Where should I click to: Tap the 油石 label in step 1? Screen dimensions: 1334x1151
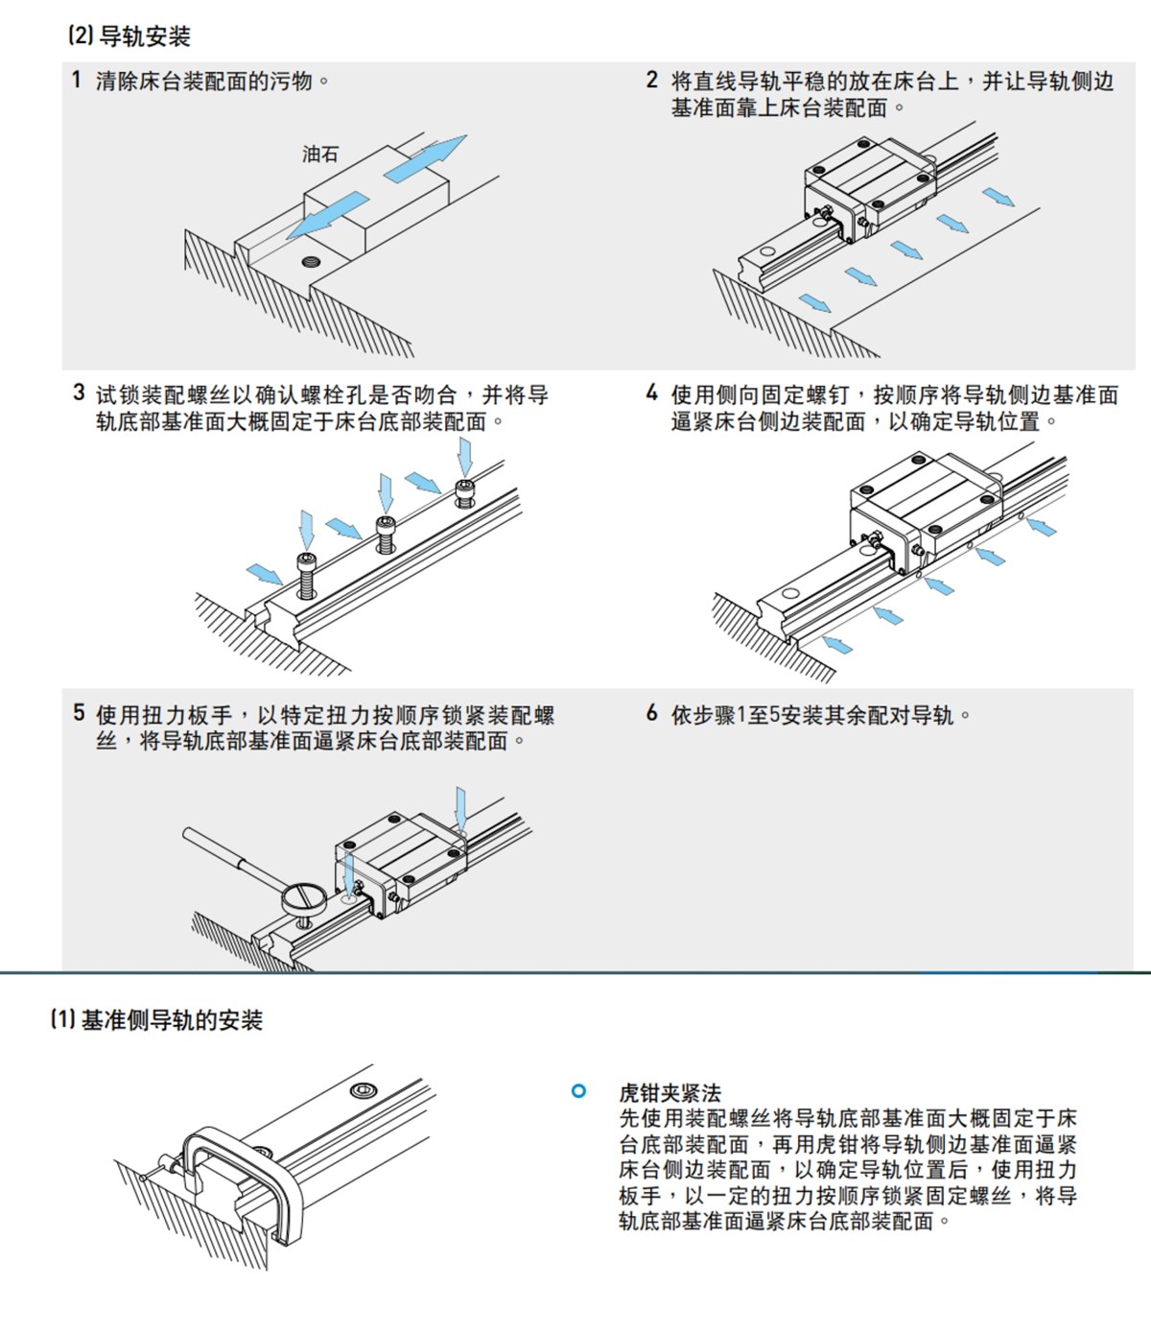(x=319, y=154)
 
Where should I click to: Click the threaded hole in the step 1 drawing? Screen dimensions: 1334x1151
(x=310, y=261)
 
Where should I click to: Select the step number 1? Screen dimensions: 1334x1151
(x=76, y=80)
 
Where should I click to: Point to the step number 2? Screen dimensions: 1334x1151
(x=652, y=81)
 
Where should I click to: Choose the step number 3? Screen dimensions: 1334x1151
(x=79, y=393)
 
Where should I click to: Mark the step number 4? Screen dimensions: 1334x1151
(x=652, y=393)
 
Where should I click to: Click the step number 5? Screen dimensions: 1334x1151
(x=79, y=713)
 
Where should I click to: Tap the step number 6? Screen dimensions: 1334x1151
(x=652, y=713)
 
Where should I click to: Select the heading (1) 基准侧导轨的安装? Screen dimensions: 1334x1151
(x=156, y=1019)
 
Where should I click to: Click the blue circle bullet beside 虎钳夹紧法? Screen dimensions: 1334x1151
(x=578, y=1091)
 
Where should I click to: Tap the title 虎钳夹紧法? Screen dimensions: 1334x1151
(x=669, y=1093)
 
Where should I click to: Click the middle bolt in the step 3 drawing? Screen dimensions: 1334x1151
(x=385, y=533)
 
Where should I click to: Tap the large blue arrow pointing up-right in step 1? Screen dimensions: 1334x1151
(x=425, y=156)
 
